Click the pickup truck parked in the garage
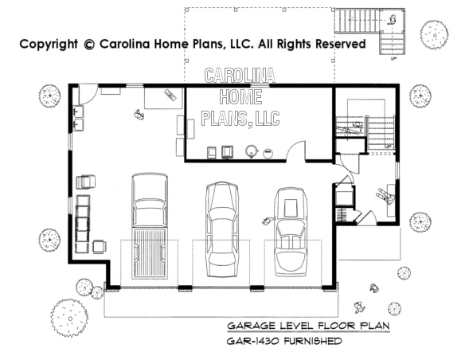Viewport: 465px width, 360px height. coord(150,226)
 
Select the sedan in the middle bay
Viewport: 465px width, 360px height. coord(222,229)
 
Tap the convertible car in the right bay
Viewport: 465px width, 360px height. coord(291,232)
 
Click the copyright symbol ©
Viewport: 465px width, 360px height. coord(88,45)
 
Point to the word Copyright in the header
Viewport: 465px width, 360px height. coord(49,45)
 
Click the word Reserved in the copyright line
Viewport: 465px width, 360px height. coord(340,44)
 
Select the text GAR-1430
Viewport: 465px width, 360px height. coord(252,341)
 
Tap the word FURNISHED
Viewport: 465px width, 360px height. coord(313,341)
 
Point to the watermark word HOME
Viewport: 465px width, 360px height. coord(240,97)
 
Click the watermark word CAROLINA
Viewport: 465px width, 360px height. coord(240,76)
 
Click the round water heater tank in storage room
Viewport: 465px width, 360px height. coord(252,151)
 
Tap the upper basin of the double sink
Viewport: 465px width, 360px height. coord(79,112)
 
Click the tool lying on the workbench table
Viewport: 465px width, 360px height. coord(170,95)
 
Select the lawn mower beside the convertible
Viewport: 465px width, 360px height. coord(268,221)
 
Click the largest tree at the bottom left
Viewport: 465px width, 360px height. coord(70,318)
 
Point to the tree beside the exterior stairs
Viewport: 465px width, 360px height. coord(434,34)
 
